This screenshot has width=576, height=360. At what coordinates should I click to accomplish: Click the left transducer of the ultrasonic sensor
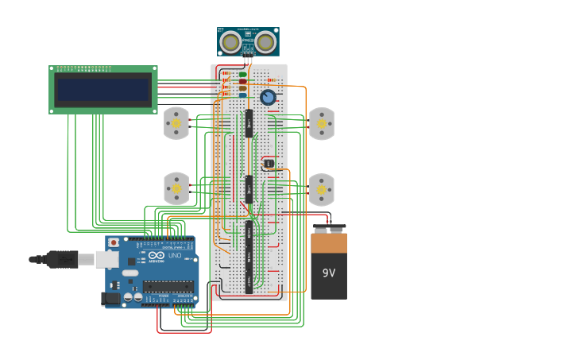[231, 42]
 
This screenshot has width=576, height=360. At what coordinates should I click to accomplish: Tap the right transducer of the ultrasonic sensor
[266, 42]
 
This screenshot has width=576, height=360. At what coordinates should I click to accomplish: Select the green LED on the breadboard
[243, 74]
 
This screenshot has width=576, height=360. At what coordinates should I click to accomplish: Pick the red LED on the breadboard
[243, 81]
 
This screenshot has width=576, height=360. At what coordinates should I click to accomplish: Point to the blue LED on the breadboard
[243, 95]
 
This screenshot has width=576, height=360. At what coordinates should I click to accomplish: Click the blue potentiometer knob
[268, 97]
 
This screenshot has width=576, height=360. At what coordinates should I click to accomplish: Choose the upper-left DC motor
[176, 123]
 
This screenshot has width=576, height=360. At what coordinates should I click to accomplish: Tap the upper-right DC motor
[322, 123]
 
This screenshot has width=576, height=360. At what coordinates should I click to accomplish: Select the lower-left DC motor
[176, 189]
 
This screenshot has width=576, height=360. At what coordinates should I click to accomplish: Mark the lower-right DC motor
[322, 189]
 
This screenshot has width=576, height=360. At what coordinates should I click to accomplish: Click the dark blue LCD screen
[103, 90]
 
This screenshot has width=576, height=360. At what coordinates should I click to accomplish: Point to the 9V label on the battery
[329, 273]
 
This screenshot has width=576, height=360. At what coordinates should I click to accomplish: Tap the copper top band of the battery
[329, 242]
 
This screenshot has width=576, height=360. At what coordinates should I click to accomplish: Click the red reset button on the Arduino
[114, 242]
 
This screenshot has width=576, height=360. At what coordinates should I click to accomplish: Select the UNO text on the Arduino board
[174, 256]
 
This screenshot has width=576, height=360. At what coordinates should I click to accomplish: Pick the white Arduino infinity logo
[156, 257]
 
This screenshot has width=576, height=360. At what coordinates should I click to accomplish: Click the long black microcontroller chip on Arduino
[168, 286]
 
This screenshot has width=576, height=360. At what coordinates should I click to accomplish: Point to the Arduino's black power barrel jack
[110, 299]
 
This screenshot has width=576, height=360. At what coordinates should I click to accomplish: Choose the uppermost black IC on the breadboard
[249, 123]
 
